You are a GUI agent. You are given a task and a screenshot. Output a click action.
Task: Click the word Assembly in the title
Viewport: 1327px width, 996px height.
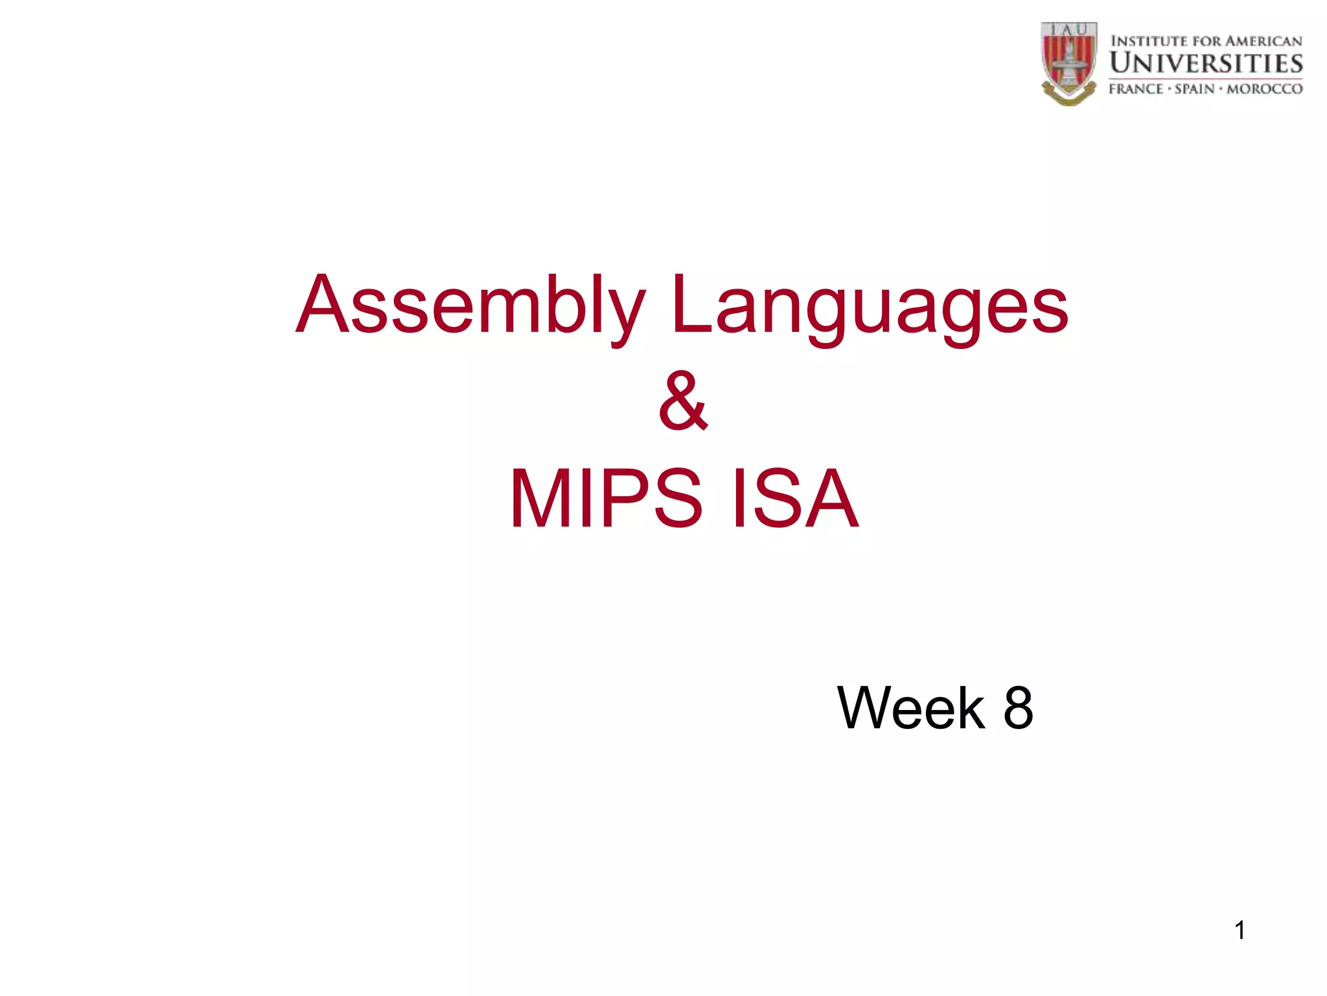[470, 306]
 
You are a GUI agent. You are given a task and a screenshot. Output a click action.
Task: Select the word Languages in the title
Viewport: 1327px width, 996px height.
[870, 306]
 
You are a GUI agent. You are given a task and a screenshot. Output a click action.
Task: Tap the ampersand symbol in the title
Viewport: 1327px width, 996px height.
[683, 402]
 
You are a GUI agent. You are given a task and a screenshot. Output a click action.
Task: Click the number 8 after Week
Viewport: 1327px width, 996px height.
[1018, 708]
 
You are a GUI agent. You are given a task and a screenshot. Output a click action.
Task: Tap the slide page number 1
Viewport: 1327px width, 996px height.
[1240, 931]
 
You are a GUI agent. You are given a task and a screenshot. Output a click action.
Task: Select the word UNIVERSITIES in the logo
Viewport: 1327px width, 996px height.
[1206, 64]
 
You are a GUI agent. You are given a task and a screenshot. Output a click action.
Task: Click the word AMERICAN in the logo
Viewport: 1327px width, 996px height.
[1264, 41]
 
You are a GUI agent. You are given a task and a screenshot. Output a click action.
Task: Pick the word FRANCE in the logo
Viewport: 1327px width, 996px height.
[1136, 89]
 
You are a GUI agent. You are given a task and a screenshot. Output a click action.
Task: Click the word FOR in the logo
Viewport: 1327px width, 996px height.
[1207, 41]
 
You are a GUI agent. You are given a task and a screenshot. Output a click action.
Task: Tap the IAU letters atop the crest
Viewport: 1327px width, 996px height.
[1068, 29]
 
